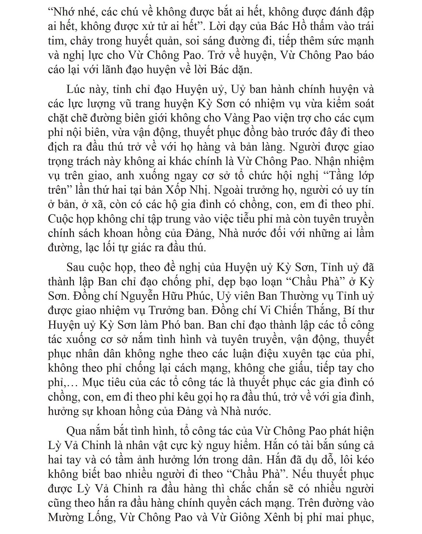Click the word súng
coord(341,445)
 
